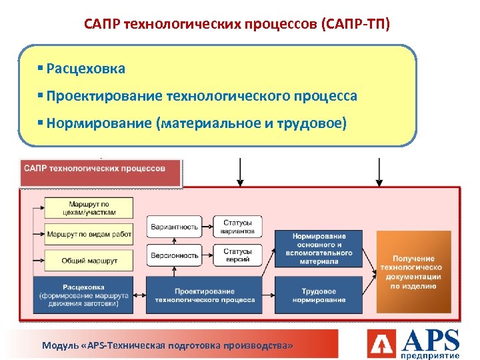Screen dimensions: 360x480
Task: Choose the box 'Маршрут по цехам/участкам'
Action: [x=89, y=208]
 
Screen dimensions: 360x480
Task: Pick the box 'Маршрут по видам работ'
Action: [x=89, y=234]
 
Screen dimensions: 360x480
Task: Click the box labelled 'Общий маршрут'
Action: [x=89, y=260]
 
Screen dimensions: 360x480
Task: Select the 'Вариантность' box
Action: [x=175, y=227]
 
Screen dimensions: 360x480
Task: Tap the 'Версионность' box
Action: [x=175, y=255]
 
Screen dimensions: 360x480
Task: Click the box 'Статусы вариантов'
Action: [x=237, y=227]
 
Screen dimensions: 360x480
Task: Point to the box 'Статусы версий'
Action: [x=237, y=255]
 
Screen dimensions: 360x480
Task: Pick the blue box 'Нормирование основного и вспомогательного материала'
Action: [x=319, y=249]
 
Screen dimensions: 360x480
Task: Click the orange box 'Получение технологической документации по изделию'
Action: [x=413, y=272]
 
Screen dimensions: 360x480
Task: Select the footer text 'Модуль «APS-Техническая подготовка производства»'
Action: [x=167, y=346]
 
